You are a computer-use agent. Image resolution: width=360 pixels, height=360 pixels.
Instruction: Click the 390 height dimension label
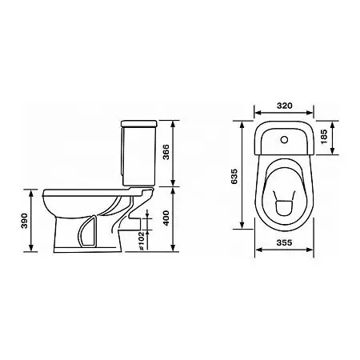pos(24,221)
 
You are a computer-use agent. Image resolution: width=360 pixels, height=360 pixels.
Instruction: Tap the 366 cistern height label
pos(166,152)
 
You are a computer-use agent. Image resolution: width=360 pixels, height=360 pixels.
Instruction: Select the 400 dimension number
pos(166,218)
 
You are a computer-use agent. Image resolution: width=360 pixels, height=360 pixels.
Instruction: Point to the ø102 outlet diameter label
pos(142,241)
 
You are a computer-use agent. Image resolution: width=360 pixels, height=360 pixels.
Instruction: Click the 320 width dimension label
pos(284,106)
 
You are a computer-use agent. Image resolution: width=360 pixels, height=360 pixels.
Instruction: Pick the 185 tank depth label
pos(324,137)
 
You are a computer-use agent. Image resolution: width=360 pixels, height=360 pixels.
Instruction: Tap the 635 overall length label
pos(234,176)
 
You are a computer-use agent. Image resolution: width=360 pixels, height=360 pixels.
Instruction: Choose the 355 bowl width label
pos(284,242)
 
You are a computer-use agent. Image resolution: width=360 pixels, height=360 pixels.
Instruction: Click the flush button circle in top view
pos(284,139)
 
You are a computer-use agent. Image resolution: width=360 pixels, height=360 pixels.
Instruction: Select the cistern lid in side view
pos(139,123)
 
